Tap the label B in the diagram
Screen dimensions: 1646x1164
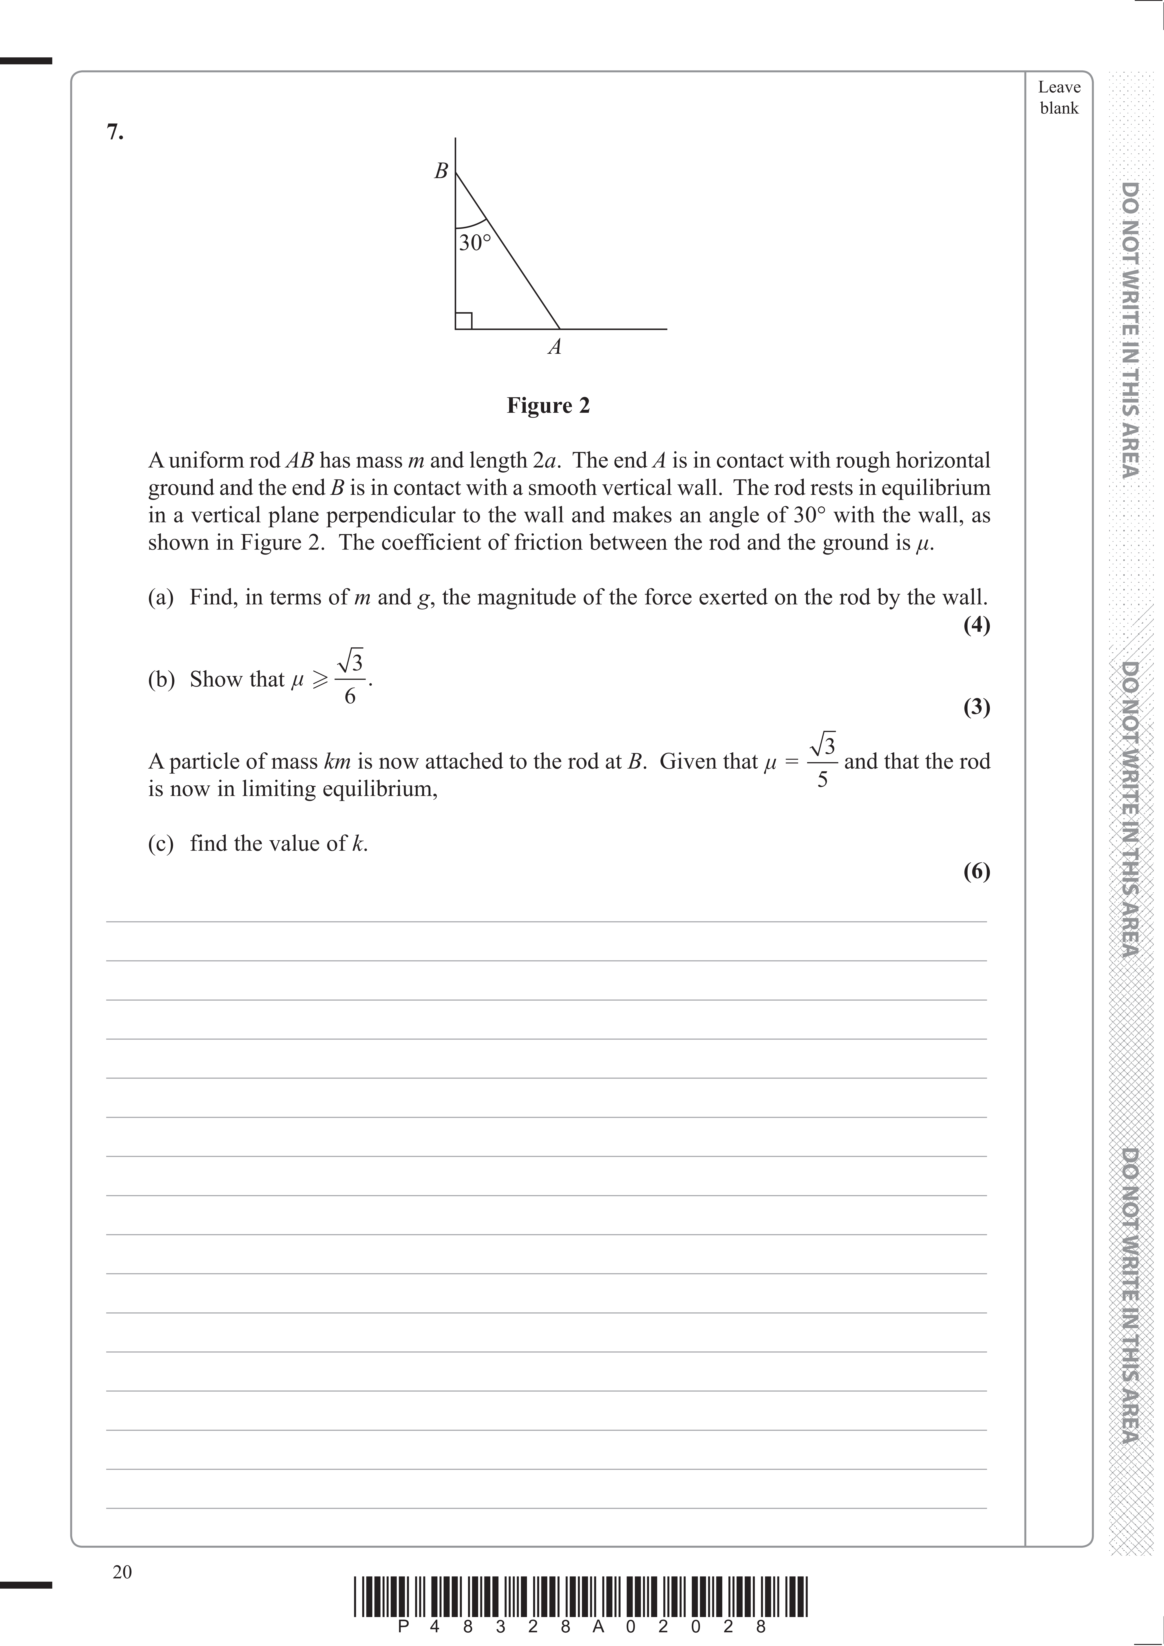pyautogui.click(x=441, y=171)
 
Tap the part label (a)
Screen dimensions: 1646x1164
pyautogui.click(x=161, y=597)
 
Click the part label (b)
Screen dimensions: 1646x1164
pyautogui.click(x=161, y=679)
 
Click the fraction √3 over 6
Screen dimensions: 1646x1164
pyautogui.click(x=350, y=677)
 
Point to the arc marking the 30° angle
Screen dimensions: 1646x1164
pyautogui.click(x=471, y=224)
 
